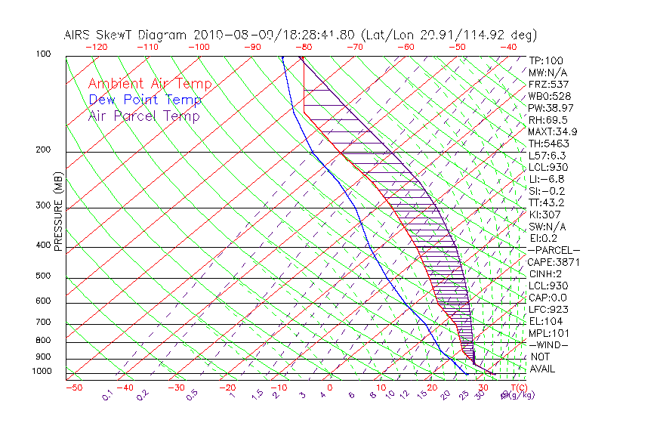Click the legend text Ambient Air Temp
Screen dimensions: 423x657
tap(150, 84)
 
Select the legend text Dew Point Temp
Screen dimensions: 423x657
tap(145, 100)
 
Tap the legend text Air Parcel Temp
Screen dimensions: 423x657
tap(144, 116)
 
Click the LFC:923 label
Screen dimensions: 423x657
tap(548, 310)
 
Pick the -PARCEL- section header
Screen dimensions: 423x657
tap(554, 250)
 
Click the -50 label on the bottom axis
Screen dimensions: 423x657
tap(73, 387)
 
